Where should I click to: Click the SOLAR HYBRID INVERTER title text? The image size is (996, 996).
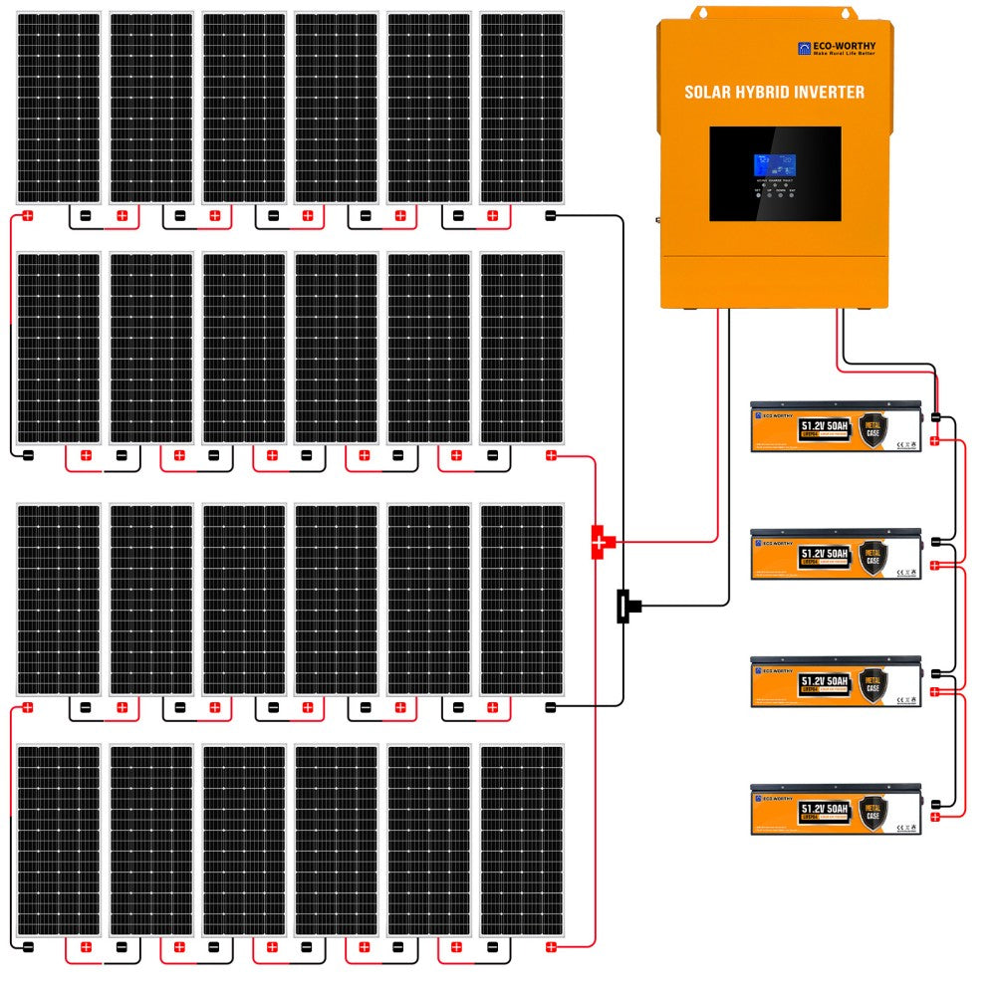[x=774, y=92]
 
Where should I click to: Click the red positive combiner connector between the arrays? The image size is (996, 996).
[x=601, y=542]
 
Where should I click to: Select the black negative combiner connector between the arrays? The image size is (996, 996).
[x=625, y=605]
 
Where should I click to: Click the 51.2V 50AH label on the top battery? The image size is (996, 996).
[x=824, y=426]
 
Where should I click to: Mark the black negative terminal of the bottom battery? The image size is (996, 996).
[x=935, y=802]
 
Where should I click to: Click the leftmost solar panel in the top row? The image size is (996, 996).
[x=59, y=108]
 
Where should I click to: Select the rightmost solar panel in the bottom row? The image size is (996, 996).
[x=522, y=841]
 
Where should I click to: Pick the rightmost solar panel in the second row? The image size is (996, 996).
[x=522, y=348]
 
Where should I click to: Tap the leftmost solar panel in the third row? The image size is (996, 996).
[x=59, y=599]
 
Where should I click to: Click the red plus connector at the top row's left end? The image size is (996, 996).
[x=29, y=215]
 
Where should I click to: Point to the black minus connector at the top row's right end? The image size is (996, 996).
[x=551, y=215]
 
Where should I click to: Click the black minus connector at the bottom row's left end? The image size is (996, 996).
[x=29, y=946]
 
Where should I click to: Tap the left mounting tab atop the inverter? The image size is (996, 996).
[x=702, y=12]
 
